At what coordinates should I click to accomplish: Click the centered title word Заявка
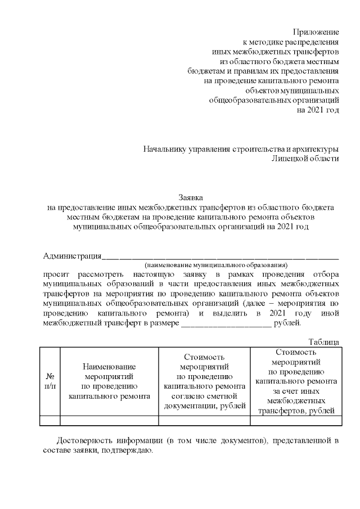[x=191, y=197]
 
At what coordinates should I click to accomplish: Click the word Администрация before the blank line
[x=72, y=256]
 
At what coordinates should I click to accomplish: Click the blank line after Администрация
[x=220, y=257]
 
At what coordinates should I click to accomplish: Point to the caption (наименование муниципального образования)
[x=215, y=264]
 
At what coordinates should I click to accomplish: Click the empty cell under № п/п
[x=49, y=420]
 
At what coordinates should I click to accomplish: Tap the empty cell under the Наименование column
[x=109, y=420]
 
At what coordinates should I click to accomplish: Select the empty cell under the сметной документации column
[x=204, y=420]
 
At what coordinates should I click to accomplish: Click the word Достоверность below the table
[x=83, y=440]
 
